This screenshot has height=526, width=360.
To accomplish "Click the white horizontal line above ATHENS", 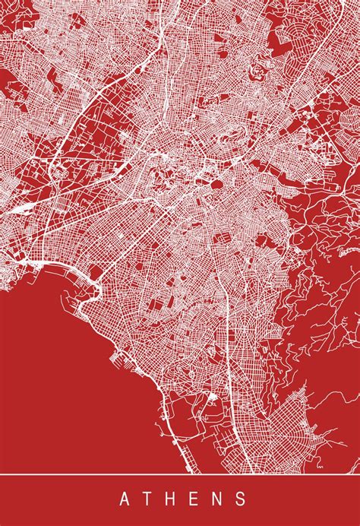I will (180, 474).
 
